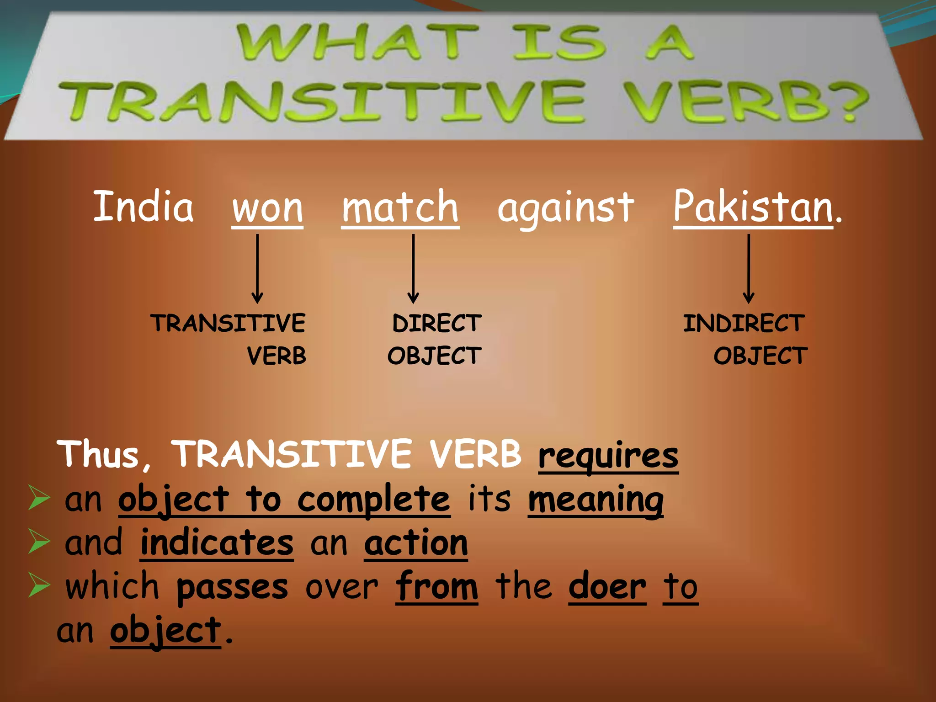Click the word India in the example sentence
click(x=143, y=207)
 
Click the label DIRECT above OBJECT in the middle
click(x=436, y=324)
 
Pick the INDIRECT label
click(x=744, y=324)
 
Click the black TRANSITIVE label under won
click(x=228, y=324)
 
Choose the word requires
click(x=608, y=455)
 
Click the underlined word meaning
click(x=596, y=499)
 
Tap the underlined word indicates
click(x=217, y=542)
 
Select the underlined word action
click(x=416, y=542)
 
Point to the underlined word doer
click(x=607, y=586)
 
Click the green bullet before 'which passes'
click(x=39, y=585)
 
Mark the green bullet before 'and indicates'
click(x=39, y=541)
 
